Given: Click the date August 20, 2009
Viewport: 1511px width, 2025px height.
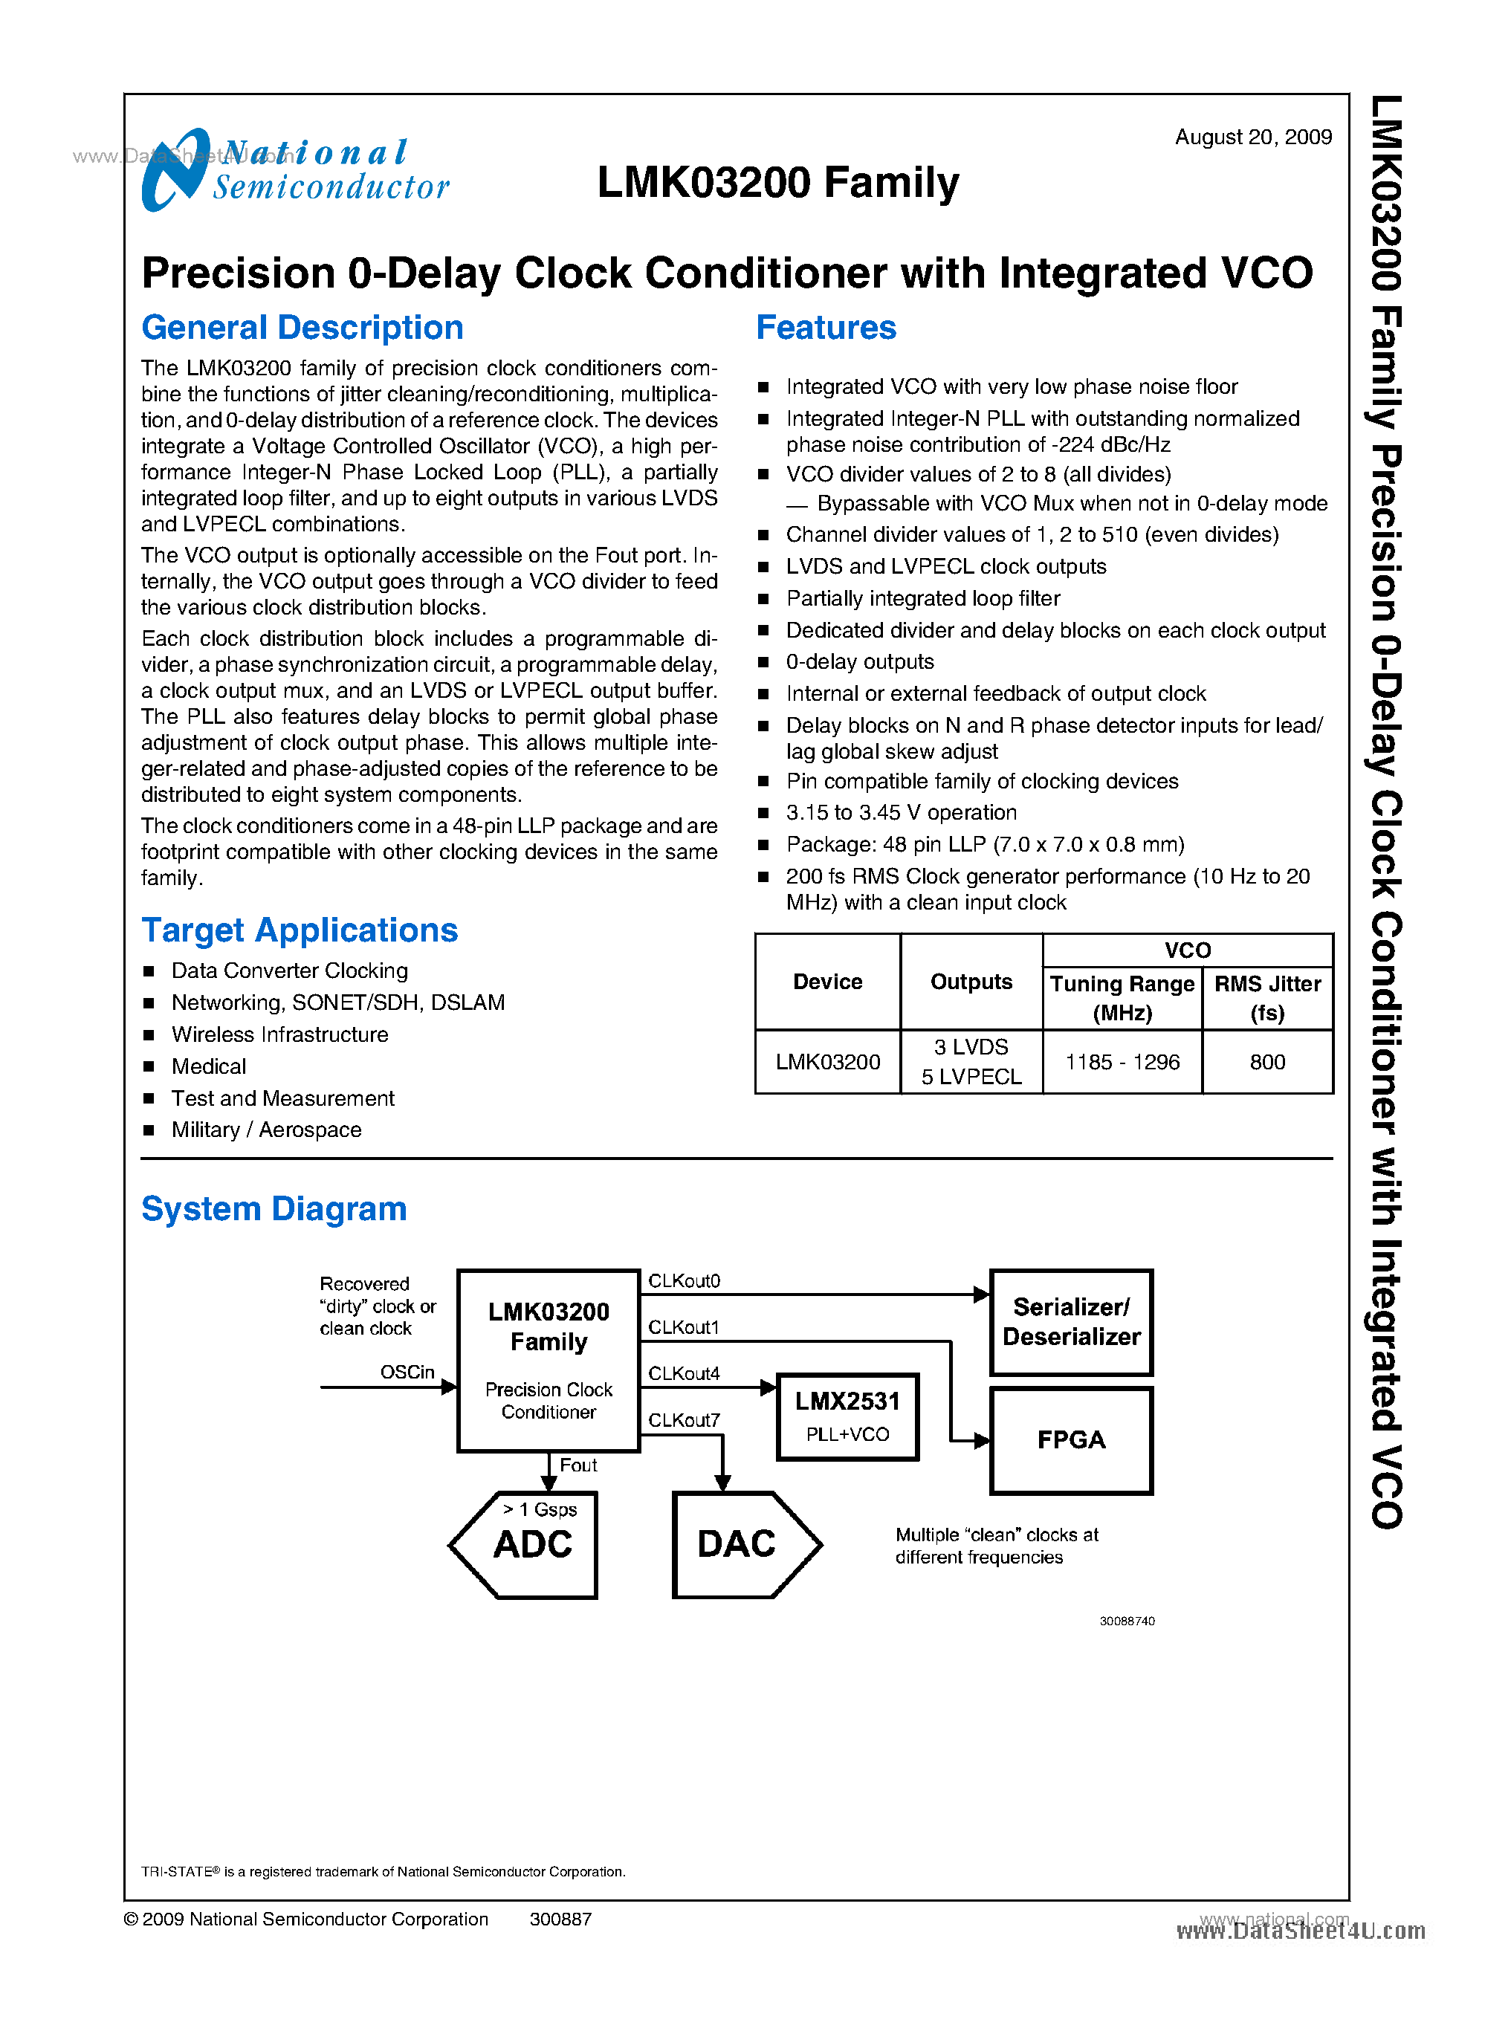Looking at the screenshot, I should click(x=1252, y=137).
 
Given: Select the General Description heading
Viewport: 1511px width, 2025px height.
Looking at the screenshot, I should click(x=302, y=328).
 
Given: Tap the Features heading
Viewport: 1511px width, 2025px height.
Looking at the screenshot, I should click(x=825, y=328).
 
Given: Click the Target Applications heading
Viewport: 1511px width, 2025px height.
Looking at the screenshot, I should click(x=299, y=930).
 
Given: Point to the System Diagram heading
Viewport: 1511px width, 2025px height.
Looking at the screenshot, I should click(x=274, y=1209).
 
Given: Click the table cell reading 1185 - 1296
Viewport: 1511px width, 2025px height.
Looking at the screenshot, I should click(x=1122, y=1062).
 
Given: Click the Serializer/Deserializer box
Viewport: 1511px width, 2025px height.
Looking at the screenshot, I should click(x=1071, y=1323).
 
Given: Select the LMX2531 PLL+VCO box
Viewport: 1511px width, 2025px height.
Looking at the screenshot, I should click(x=847, y=1416).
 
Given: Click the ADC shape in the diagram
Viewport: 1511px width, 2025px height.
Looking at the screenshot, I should click(x=531, y=1545).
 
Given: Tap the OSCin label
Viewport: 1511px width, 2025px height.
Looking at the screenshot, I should click(x=407, y=1372).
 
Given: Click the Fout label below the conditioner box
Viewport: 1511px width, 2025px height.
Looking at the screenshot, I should click(x=578, y=1465).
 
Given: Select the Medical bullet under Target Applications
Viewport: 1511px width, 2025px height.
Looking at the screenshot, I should click(x=209, y=1066).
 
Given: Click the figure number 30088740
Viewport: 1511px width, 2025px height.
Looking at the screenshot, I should click(x=1126, y=1621).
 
